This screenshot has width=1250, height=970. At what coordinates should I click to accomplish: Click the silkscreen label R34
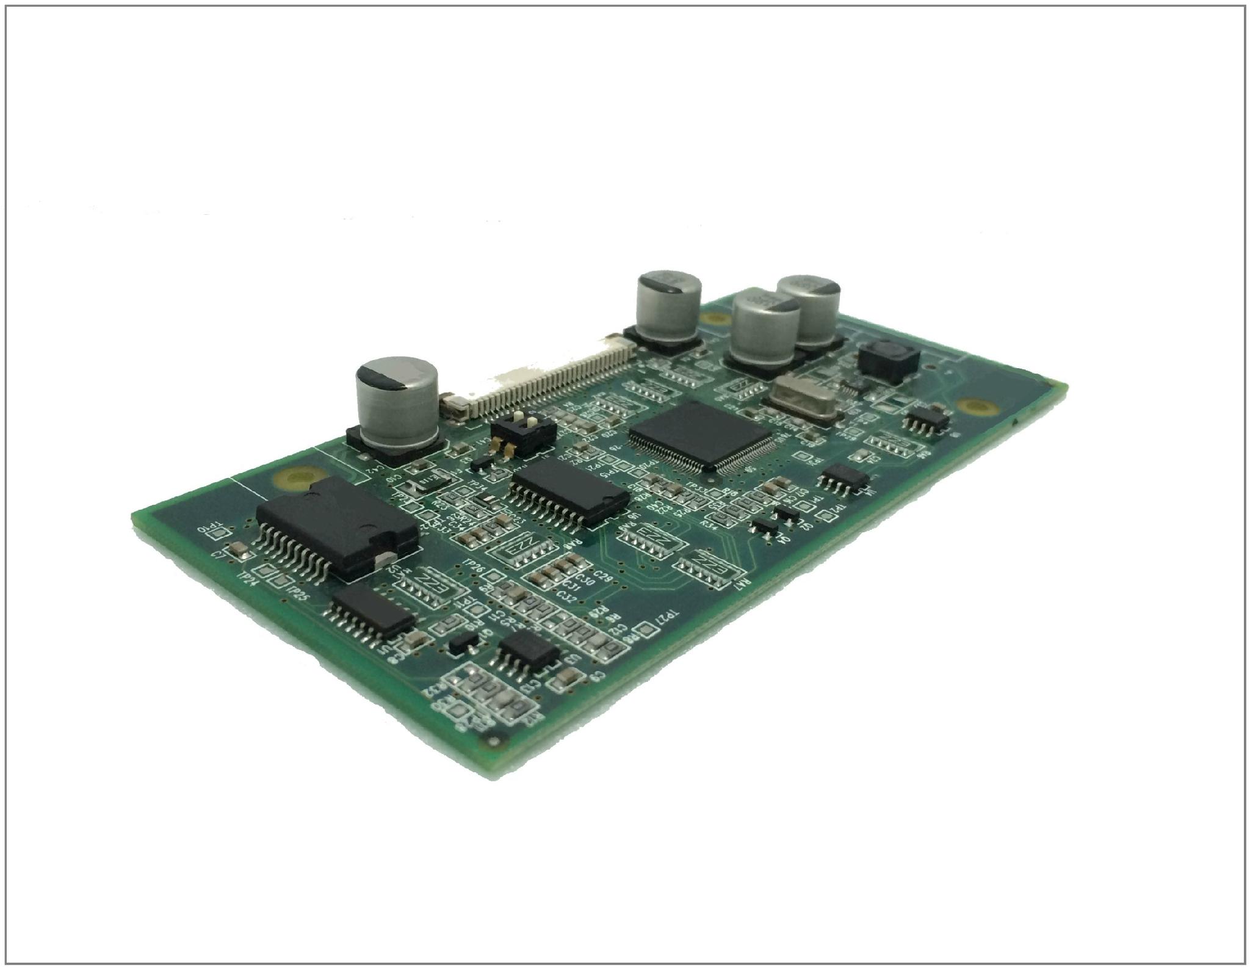[x=709, y=523]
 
